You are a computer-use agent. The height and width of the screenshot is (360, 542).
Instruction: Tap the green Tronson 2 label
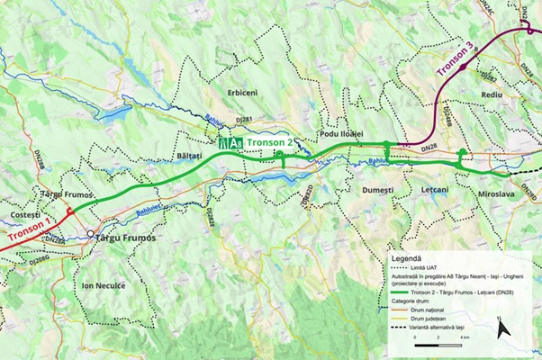pyautogui.click(x=269, y=143)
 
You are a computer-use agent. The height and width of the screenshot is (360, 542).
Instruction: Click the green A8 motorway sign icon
pyautogui.click(x=230, y=143)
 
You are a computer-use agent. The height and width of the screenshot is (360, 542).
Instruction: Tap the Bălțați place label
pyautogui.click(x=187, y=156)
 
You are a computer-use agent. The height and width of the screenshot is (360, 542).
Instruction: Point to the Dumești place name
pyautogui.click(x=377, y=191)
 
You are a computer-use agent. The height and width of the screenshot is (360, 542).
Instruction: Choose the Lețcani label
pyautogui.click(x=438, y=191)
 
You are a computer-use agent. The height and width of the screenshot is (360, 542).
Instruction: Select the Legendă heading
pyautogui.click(x=409, y=257)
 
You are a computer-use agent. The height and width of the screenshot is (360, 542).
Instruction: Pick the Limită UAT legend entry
pyautogui.click(x=429, y=268)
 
